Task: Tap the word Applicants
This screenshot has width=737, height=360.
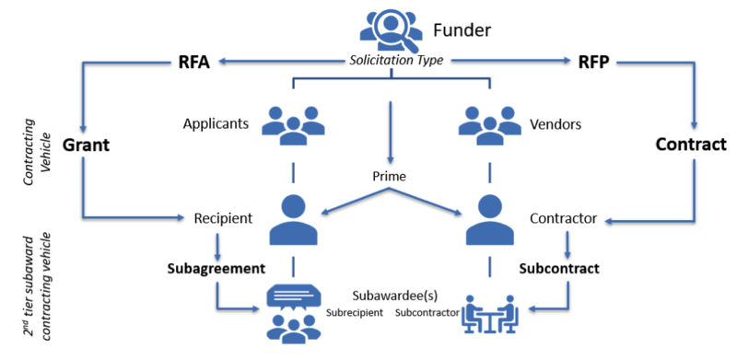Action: (216, 123)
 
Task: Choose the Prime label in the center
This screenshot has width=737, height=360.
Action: (391, 176)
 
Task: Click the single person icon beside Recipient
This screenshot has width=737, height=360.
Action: (293, 220)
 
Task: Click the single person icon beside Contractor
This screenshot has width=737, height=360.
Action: (489, 221)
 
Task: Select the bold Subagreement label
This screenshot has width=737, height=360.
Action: (216, 270)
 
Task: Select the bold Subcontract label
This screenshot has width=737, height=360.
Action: (558, 270)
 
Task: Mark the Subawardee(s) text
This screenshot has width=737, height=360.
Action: (391, 296)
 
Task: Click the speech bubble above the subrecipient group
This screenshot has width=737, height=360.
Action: (293, 295)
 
